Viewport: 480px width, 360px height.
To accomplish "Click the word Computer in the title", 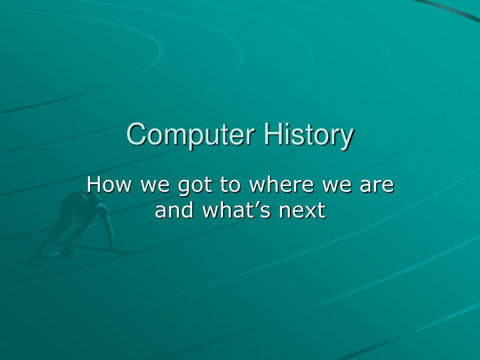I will [192, 135].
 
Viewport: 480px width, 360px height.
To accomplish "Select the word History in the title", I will [308, 135].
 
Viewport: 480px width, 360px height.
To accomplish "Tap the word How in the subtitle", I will [108, 185].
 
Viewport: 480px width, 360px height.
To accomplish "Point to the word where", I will [281, 185].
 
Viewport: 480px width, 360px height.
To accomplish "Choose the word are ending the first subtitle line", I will [377, 186].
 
